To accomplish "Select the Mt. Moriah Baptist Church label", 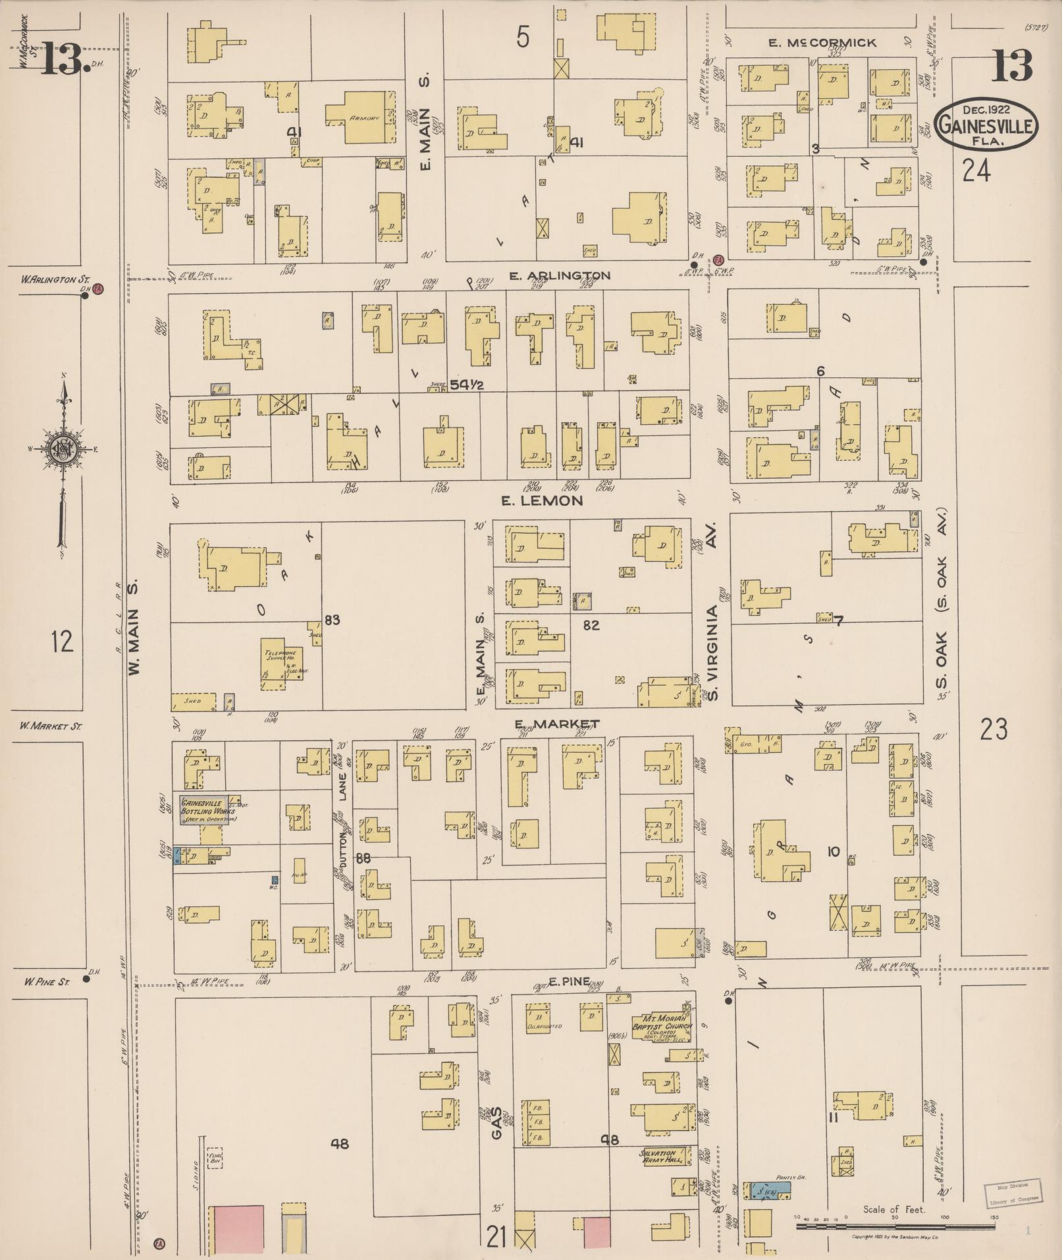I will pyautogui.click(x=658, y=1022).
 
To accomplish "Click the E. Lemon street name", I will pyautogui.click(x=542, y=501).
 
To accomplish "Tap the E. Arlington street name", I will pyautogui.click(x=560, y=275).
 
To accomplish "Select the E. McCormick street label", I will pyautogui.click(x=823, y=43).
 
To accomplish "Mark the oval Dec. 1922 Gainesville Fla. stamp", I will pyautogui.click(x=986, y=124).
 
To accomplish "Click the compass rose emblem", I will pyautogui.click(x=64, y=449).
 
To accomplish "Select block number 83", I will pyautogui.click(x=332, y=620).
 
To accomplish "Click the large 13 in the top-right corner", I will pyautogui.click(x=1011, y=65).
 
